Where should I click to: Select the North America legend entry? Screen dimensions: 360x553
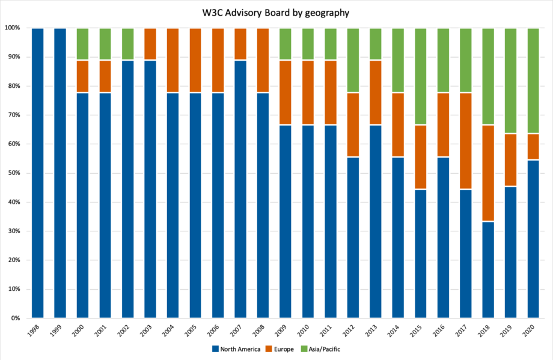pyautogui.click(x=236, y=349)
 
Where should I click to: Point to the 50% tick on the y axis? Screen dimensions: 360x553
pyautogui.click(x=13, y=173)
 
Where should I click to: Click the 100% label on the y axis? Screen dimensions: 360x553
pyautogui.click(x=12, y=28)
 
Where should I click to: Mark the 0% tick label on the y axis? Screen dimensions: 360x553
pyautogui.click(x=15, y=318)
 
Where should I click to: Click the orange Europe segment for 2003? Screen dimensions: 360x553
pyautogui.click(x=150, y=44)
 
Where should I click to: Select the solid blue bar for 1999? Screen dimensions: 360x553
pyautogui.click(x=60, y=173)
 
